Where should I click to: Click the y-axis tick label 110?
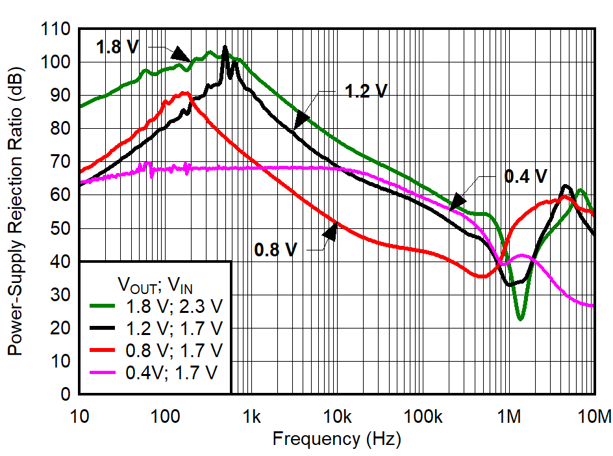pyautogui.click(x=56, y=29)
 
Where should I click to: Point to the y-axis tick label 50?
pyautogui.click(x=60, y=228)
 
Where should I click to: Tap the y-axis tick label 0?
pyautogui.click(x=65, y=394)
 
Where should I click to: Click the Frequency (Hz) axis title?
pyautogui.click(x=336, y=439)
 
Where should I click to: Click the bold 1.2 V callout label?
pyautogui.click(x=366, y=91)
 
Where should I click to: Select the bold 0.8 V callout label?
pyautogui.click(x=275, y=250)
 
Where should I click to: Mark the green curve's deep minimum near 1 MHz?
pyautogui.click(x=520, y=319)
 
